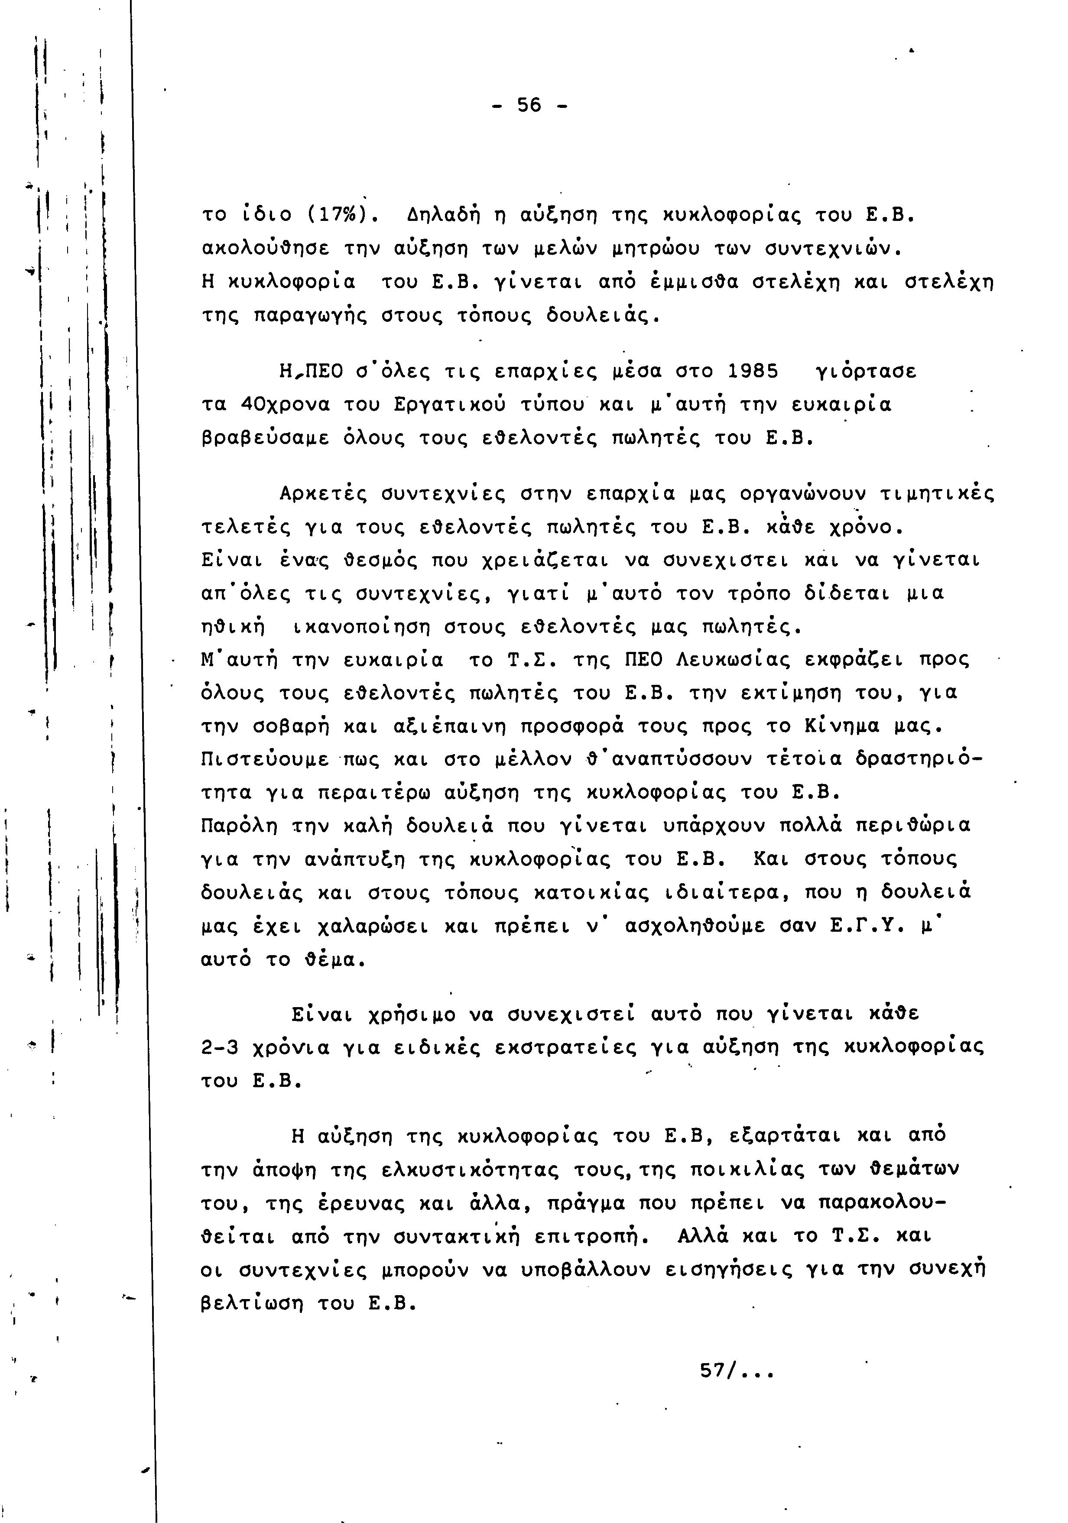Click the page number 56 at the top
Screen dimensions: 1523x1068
tap(529, 105)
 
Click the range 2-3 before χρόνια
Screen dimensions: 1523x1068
tap(219, 1049)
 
